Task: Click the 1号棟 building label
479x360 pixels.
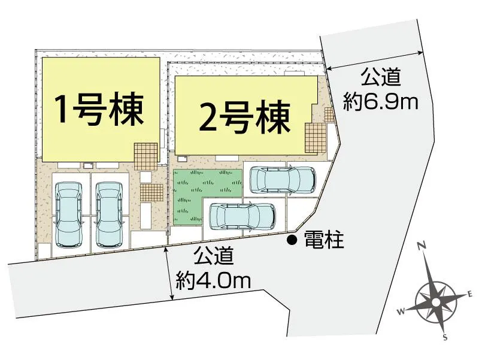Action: click(x=99, y=108)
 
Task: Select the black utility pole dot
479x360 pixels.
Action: click(x=292, y=241)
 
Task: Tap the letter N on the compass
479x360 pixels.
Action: click(x=422, y=246)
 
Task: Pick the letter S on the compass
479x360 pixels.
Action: click(x=445, y=337)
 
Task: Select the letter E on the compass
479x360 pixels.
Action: click(x=471, y=294)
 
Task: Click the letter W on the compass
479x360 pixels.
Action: click(x=402, y=310)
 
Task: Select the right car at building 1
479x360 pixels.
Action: click(x=108, y=213)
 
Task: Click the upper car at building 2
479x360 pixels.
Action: click(x=281, y=179)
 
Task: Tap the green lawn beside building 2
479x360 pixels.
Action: click(x=198, y=192)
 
